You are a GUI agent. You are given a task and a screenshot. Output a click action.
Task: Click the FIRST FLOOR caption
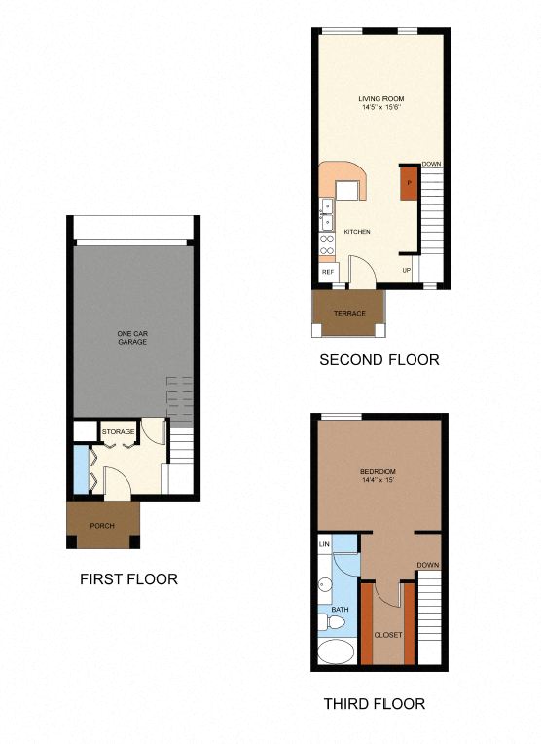128,579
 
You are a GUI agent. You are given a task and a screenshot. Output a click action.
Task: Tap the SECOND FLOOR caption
379,360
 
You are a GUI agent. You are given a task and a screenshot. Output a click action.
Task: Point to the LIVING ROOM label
380,99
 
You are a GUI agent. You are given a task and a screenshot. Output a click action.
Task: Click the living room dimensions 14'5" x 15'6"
380,108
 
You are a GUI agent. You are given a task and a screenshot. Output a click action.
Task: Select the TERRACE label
348,314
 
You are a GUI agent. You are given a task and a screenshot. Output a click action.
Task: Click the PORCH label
102,527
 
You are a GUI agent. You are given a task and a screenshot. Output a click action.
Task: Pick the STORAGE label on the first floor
119,431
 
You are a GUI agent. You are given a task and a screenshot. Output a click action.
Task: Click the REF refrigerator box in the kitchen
328,272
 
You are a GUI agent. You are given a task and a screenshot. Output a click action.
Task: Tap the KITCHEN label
357,232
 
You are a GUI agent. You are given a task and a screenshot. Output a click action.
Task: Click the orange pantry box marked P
409,183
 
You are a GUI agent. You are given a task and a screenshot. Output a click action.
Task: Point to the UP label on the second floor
406,270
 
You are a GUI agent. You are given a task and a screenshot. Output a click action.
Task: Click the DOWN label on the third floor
427,566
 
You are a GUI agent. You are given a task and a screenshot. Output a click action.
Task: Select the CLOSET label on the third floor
388,635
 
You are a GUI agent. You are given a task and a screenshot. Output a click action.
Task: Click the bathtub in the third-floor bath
337,651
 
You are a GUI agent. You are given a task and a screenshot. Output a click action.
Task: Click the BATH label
340,610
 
